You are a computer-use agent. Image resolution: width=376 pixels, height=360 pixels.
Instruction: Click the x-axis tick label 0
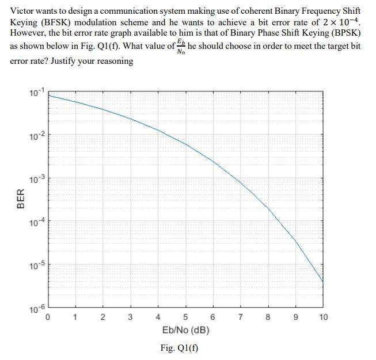[47, 317]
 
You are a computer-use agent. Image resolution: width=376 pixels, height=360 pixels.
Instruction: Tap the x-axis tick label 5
[185, 317]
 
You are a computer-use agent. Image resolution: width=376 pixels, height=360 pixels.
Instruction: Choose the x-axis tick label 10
[322, 317]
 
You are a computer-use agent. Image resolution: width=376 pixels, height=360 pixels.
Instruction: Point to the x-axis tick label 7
[240, 317]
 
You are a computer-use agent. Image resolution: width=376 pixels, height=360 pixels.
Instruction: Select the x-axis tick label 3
[130, 317]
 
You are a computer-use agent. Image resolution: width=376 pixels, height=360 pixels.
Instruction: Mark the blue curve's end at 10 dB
[322, 281]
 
